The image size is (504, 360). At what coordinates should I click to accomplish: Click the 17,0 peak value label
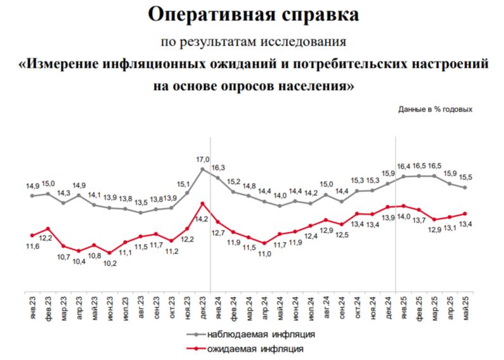point(204,159)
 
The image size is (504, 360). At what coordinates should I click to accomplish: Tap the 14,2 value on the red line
point(202,219)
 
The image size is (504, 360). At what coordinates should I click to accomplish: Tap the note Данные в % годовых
point(436,109)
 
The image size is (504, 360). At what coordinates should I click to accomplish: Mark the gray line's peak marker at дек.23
point(202,169)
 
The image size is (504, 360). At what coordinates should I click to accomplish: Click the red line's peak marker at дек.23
point(202,203)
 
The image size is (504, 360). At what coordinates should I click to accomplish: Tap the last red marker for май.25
point(465,214)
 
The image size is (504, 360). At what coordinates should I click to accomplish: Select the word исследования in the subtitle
point(307,42)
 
